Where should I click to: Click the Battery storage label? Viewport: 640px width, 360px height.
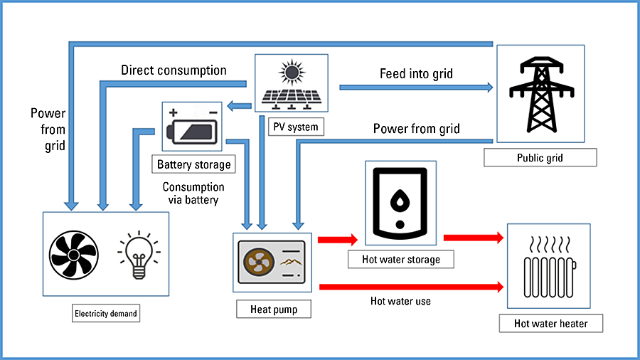[x=194, y=164]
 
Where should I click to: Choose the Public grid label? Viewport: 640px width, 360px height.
[x=540, y=157]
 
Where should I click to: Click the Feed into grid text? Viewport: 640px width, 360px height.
[x=416, y=73]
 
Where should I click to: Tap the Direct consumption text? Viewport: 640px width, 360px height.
[x=174, y=70]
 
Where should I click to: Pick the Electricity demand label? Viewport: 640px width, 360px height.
[x=106, y=312]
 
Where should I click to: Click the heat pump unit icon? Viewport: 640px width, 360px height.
[x=273, y=262]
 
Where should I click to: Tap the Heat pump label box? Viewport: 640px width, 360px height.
[x=274, y=309]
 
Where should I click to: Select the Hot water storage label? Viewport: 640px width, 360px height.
[x=400, y=259]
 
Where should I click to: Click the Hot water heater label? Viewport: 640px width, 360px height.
[x=551, y=324]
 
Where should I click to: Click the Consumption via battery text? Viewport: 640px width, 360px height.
[x=193, y=194]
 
